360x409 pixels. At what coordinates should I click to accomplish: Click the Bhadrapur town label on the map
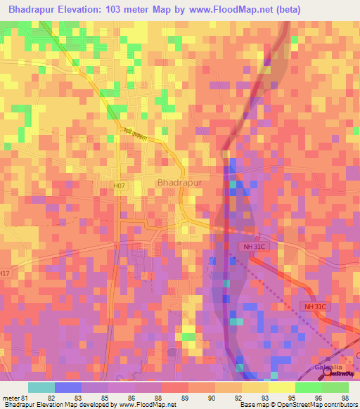coord(179,182)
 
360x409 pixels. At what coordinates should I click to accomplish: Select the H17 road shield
coord(6,273)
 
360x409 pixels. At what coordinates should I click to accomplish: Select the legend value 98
coord(344,398)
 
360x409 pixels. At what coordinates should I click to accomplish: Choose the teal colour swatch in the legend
coord(41,387)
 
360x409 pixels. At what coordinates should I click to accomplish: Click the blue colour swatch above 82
coord(68,387)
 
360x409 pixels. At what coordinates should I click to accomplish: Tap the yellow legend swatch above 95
coord(282,387)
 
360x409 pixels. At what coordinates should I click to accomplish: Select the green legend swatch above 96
coord(309,387)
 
